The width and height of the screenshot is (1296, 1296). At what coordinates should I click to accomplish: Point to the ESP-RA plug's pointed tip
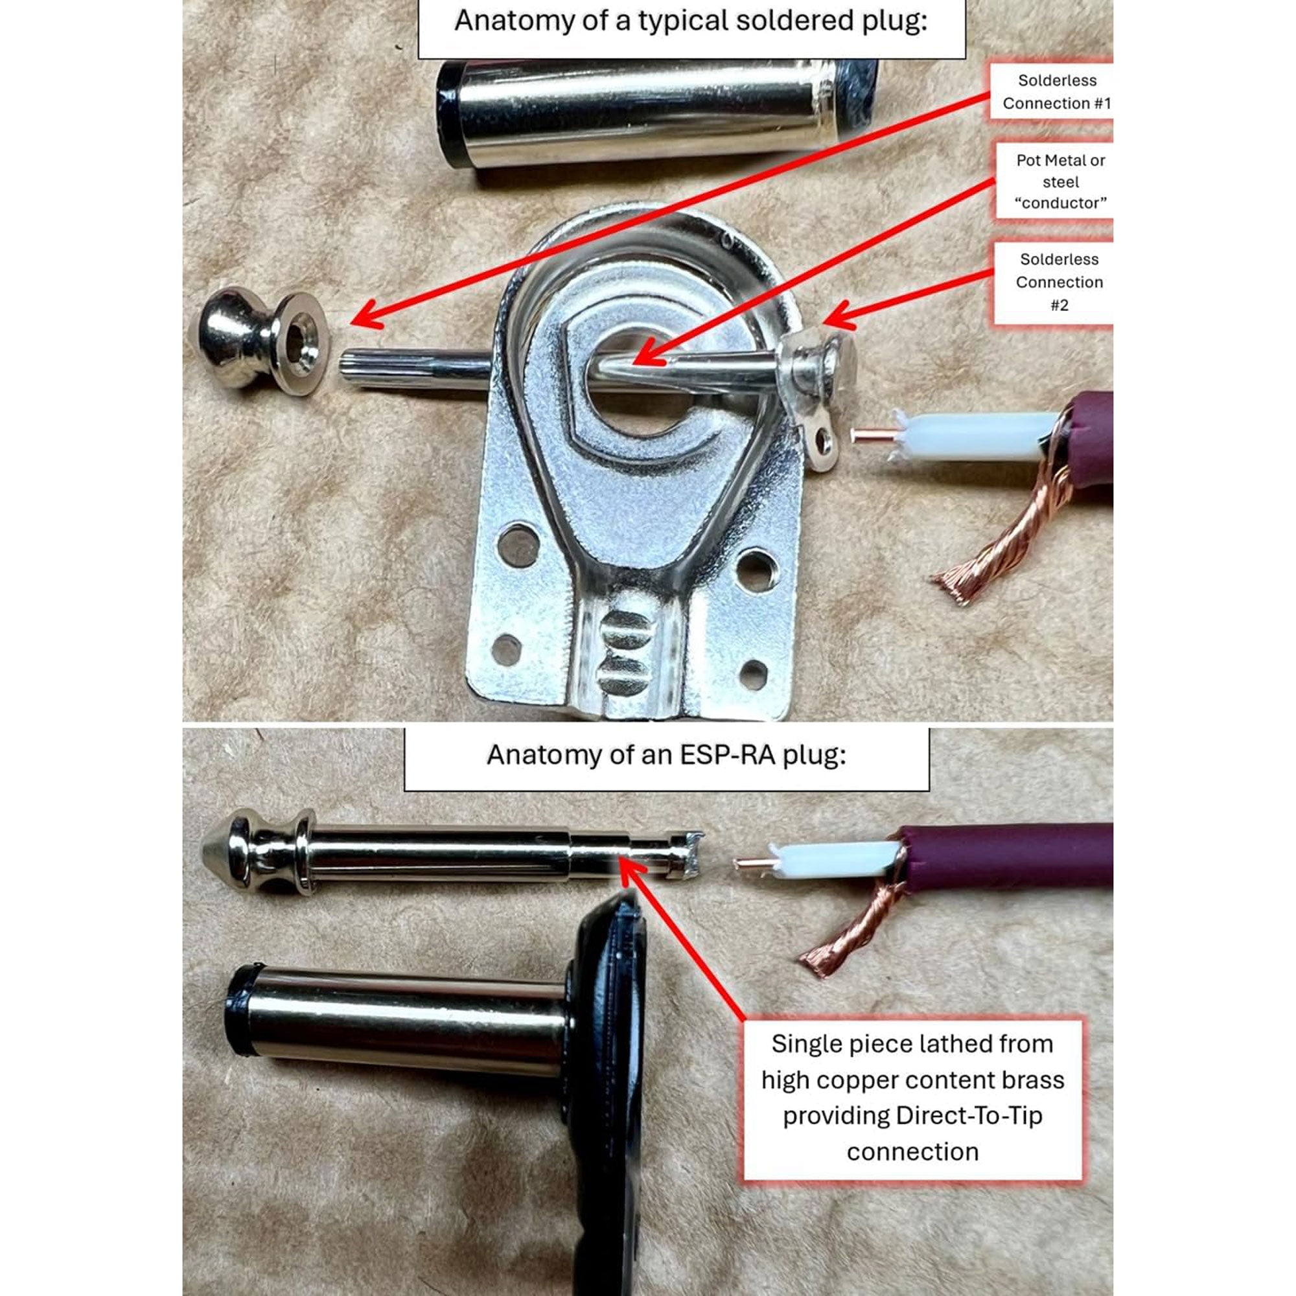(213, 852)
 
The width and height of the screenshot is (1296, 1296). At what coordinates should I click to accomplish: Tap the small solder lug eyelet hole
(824, 441)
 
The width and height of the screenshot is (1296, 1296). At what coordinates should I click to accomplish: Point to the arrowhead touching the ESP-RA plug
(629, 868)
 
